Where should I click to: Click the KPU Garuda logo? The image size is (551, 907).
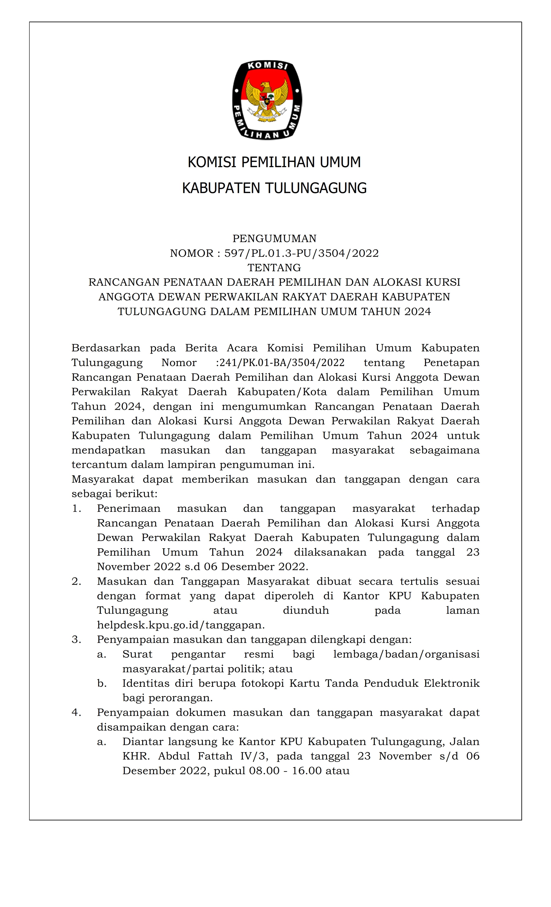click(x=267, y=100)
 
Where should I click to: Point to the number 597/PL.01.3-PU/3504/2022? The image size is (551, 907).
click(x=301, y=253)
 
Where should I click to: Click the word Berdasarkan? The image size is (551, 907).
click(x=106, y=348)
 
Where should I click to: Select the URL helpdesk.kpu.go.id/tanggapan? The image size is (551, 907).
click(x=180, y=625)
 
